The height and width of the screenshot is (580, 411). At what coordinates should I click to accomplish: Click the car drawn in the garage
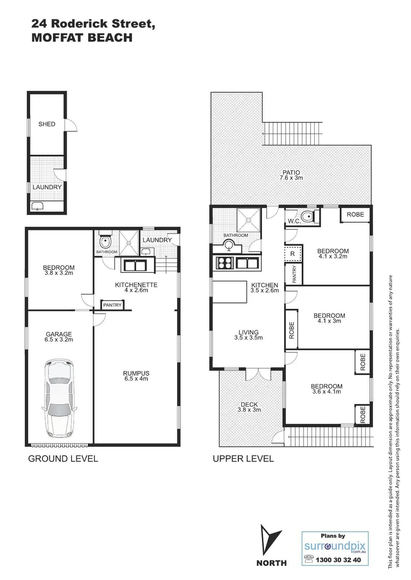[60, 398]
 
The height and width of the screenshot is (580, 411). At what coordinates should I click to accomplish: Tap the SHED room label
[47, 124]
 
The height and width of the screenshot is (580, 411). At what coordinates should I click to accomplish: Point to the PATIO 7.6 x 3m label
[290, 175]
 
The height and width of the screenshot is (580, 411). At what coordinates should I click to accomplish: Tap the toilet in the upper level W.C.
[308, 217]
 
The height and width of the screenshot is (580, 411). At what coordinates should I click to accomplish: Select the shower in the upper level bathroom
[249, 218]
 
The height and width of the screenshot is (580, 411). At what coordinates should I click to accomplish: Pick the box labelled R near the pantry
[292, 253]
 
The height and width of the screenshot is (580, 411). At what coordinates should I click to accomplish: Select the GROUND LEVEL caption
[62, 459]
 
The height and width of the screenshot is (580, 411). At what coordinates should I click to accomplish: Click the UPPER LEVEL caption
[243, 459]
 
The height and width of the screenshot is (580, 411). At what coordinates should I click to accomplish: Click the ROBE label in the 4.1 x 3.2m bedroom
[355, 214]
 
